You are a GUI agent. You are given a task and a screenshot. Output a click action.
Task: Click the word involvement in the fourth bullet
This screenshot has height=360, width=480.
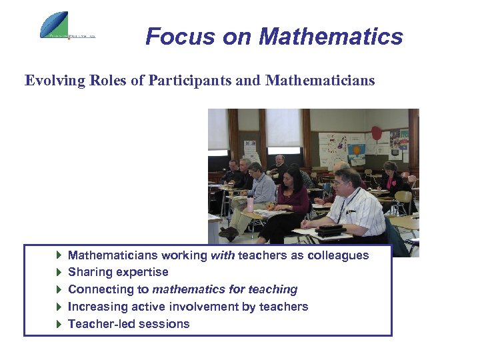[x=221, y=307]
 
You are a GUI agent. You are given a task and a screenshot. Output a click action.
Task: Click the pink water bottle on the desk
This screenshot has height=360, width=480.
[x=249, y=204]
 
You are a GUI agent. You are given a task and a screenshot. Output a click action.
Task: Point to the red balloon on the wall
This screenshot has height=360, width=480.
[x=376, y=133]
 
